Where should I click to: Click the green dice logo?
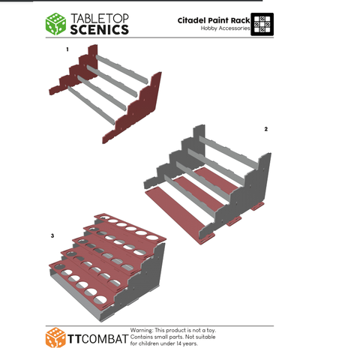tap(55, 24)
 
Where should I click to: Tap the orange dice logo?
tap(55, 337)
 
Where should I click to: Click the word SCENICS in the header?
tap(100, 30)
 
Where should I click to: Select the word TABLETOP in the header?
tap(100, 19)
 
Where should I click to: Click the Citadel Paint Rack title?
tap(214, 20)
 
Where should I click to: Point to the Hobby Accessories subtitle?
tap(225, 28)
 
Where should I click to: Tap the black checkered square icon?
tap(262, 24)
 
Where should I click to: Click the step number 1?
tap(67, 49)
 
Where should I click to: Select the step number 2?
tap(266, 129)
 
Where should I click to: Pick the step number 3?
tap(52, 235)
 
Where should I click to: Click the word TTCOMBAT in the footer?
tap(97, 339)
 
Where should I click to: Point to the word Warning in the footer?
tap(142, 330)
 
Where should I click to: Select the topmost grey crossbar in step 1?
tap(122, 69)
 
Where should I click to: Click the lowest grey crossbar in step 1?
tap(91, 105)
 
